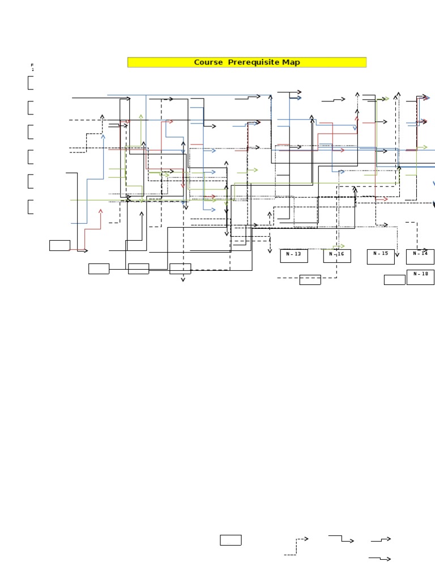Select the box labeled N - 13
click(x=294, y=256)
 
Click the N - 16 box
click(x=337, y=256)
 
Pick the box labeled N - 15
click(x=381, y=256)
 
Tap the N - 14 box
click(x=420, y=256)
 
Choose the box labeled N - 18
click(x=420, y=277)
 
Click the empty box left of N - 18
click(x=394, y=279)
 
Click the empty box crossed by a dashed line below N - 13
click(x=310, y=279)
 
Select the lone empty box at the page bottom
click(x=231, y=540)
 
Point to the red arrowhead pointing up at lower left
click(x=101, y=211)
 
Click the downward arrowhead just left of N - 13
click(x=270, y=250)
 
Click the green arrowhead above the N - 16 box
click(x=342, y=246)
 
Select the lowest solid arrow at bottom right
click(x=381, y=559)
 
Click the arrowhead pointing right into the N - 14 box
click(x=425, y=250)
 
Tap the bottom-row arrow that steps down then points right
click(x=342, y=538)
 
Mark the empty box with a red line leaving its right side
click(x=59, y=245)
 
